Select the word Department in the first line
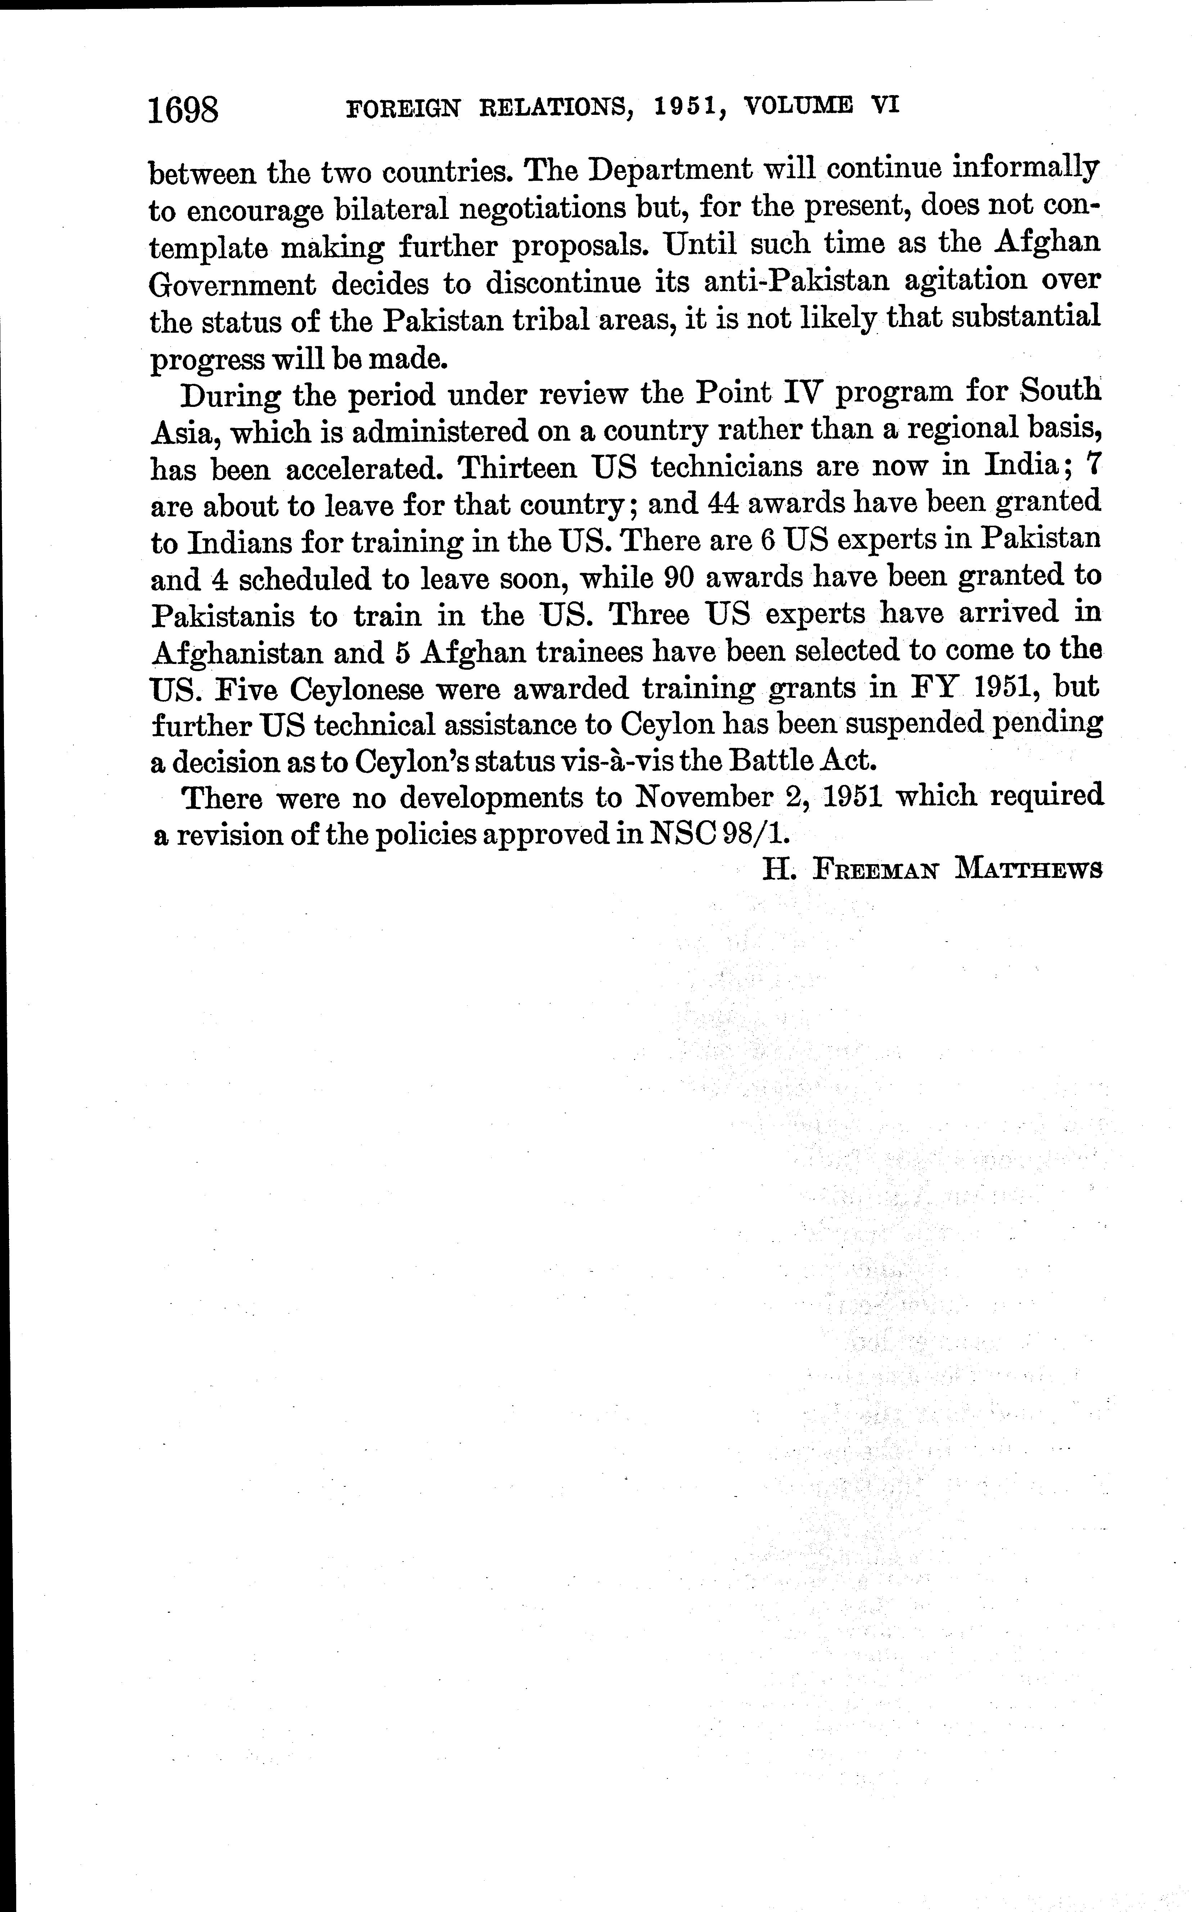pos(670,170)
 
